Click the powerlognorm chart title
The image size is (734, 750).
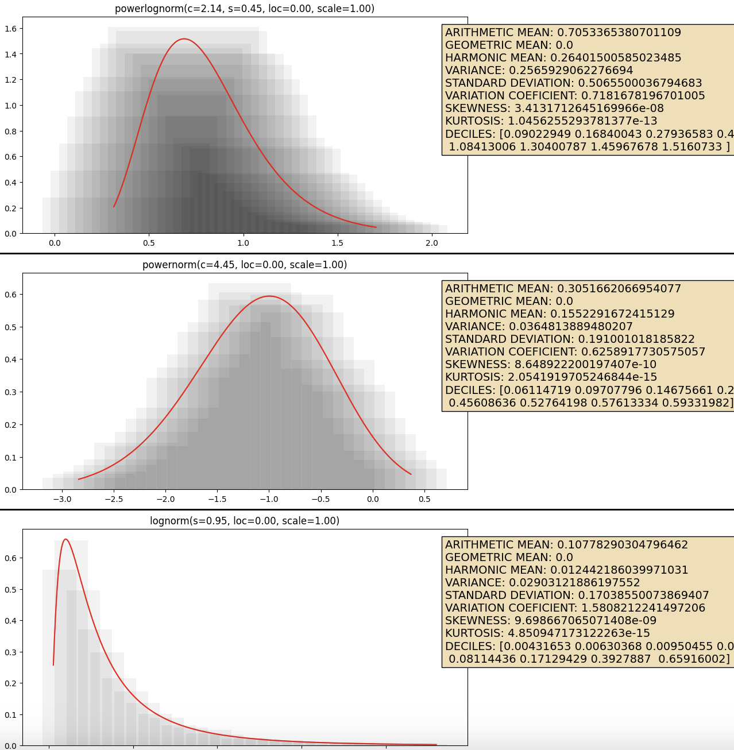(x=245, y=9)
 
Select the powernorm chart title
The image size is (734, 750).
(x=245, y=265)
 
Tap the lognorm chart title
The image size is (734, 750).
(x=245, y=521)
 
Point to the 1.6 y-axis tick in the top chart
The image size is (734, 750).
(x=11, y=29)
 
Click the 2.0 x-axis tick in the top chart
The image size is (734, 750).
(x=431, y=243)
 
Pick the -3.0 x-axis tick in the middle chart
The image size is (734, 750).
(x=62, y=499)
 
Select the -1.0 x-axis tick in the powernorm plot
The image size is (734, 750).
(x=269, y=499)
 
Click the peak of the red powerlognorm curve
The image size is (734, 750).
(x=184, y=39)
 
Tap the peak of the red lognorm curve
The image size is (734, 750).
(x=65, y=539)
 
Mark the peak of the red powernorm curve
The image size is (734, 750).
(x=269, y=296)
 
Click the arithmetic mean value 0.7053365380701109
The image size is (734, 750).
(x=619, y=33)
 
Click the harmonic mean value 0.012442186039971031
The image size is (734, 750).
(x=619, y=570)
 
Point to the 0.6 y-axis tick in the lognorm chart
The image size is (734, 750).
(x=11, y=558)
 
